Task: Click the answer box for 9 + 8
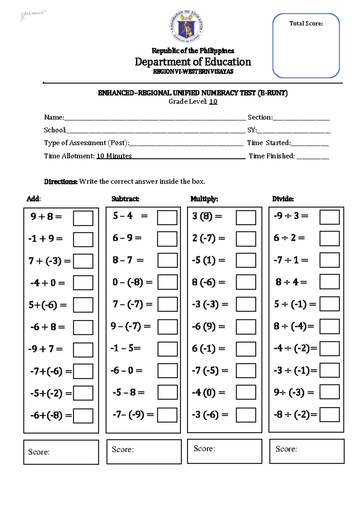click(x=83, y=218)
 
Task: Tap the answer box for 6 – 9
click(x=167, y=239)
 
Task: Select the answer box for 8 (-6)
click(x=246, y=282)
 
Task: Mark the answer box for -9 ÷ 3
click(x=329, y=217)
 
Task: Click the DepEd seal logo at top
click(x=186, y=27)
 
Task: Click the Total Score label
click(x=306, y=24)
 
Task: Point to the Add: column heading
click(x=33, y=199)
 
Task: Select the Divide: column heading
click(x=283, y=199)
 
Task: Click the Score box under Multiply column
click(x=224, y=451)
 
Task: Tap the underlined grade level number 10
click(x=213, y=102)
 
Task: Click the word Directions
click(x=61, y=182)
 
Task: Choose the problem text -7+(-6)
click(x=46, y=371)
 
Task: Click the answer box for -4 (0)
click(x=246, y=392)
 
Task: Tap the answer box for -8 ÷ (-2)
click(x=329, y=414)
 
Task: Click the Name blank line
click(x=155, y=118)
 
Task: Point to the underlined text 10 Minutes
click(x=114, y=156)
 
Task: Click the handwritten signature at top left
click(x=33, y=15)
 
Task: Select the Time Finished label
click(x=271, y=156)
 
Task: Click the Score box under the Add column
click(x=61, y=452)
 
